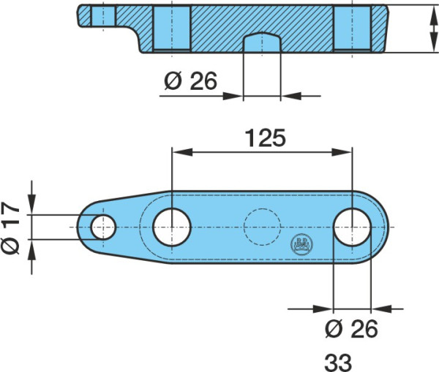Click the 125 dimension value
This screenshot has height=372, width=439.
[x=266, y=138]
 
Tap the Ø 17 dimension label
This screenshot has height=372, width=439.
[x=10, y=227]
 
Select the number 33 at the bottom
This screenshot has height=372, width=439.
[x=338, y=362]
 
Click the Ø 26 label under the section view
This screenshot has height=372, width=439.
[x=191, y=81]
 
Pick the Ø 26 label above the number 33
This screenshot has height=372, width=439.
[x=351, y=328]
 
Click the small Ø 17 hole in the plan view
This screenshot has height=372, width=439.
[x=103, y=227]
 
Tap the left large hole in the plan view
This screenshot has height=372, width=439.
[x=172, y=227]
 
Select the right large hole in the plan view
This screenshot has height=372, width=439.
[x=353, y=227]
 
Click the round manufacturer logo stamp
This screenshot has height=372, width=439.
[x=301, y=244]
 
